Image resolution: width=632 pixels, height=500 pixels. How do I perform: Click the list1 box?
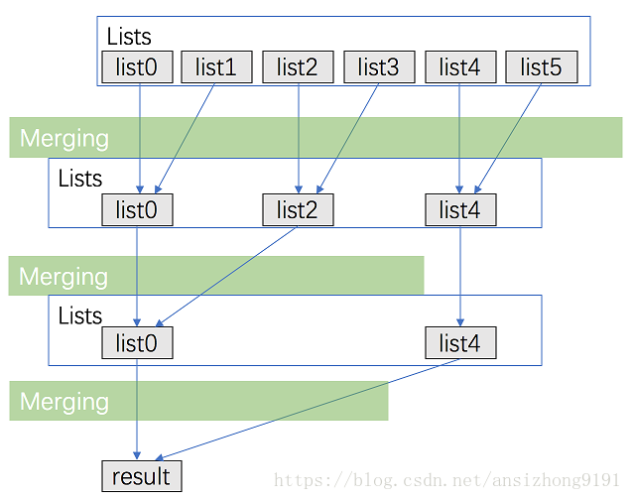tap(216, 67)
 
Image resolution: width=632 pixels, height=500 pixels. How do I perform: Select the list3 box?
tap(379, 67)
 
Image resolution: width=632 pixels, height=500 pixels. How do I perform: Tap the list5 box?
tap(542, 67)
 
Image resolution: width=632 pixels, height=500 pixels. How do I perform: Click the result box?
tap(141, 477)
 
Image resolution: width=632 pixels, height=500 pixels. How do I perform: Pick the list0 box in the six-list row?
tap(137, 67)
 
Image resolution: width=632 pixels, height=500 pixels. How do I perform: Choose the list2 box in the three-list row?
tap(298, 209)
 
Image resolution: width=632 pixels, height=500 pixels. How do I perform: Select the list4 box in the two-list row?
tap(460, 343)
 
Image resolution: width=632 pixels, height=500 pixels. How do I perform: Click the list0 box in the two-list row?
tap(137, 343)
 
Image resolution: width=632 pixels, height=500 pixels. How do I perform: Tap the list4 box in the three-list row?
tap(460, 209)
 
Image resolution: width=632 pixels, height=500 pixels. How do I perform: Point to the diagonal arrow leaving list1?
tap(187, 134)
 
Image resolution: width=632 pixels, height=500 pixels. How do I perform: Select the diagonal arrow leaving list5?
tap(510, 134)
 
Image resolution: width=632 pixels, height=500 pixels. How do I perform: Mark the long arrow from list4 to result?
tap(298, 410)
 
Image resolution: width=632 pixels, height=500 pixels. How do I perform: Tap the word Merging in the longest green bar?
tap(64, 138)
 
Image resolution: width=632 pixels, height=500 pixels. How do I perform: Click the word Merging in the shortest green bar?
tap(64, 402)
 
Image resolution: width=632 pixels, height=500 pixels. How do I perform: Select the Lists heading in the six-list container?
tap(129, 37)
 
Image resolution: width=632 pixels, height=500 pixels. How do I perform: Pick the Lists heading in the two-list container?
tap(80, 315)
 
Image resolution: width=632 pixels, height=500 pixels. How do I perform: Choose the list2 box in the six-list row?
tap(298, 67)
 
